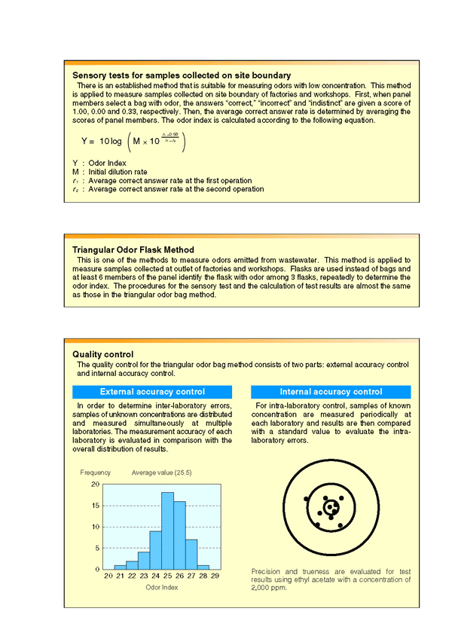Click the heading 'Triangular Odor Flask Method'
(133, 249)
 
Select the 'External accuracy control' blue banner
(152, 392)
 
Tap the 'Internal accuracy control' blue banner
(331, 392)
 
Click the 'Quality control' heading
(103, 354)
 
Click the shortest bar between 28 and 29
(203, 567)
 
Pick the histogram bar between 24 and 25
(156, 550)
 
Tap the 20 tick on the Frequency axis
(95, 485)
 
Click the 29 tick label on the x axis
(215, 576)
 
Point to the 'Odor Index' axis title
(161, 587)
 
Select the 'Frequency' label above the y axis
(96, 472)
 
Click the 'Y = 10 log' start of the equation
(102, 141)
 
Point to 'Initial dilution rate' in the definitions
(119, 171)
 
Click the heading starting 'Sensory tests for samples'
(182, 75)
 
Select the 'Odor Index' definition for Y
(106, 163)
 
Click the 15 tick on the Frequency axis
(95, 506)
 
